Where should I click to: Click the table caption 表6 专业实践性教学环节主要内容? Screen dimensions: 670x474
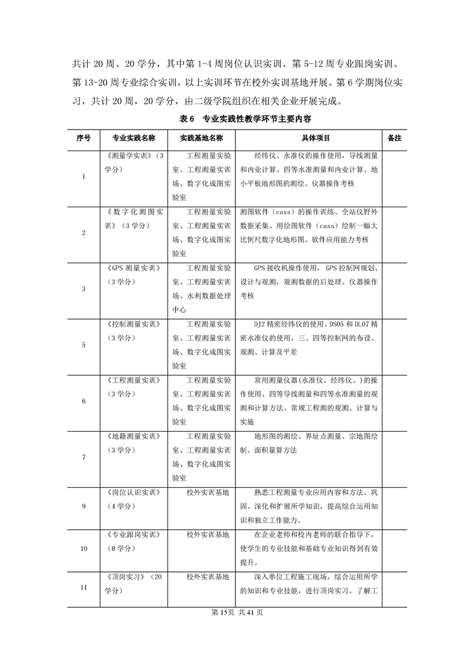(x=237, y=119)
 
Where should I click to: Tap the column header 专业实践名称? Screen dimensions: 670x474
(x=134, y=138)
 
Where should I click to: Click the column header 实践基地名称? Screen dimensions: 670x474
(x=201, y=138)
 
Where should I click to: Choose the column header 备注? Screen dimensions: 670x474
(x=394, y=138)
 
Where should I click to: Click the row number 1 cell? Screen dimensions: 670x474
(x=83, y=177)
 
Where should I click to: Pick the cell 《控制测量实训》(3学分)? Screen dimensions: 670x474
(x=134, y=331)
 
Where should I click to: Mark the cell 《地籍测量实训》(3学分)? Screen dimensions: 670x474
(x=134, y=443)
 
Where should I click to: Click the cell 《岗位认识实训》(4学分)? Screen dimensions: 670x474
(x=134, y=499)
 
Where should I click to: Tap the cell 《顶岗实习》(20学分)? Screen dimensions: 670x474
(x=134, y=584)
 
